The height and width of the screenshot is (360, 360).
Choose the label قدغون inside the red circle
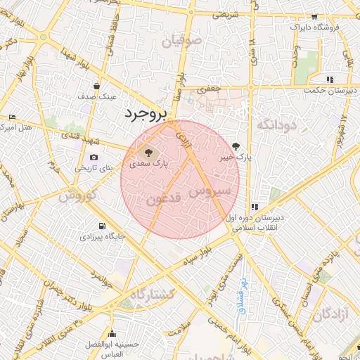(x=164, y=199)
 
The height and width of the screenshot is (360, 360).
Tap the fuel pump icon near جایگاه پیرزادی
(x=104, y=226)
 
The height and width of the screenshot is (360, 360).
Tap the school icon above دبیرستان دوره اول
(x=253, y=207)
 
